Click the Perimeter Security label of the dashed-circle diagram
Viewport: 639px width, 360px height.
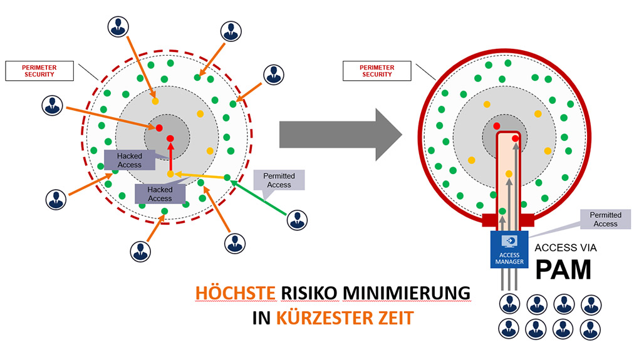(x=39, y=71)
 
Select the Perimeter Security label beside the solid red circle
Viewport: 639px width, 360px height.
(x=377, y=71)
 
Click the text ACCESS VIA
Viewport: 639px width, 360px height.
(x=566, y=248)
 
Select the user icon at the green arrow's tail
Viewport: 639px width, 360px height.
(x=297, y=220)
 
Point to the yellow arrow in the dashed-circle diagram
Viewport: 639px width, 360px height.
(x=200, y=176)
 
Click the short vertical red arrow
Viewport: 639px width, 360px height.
(x=170, y=157)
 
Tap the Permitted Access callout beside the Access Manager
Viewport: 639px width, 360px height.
(x=605, y=219)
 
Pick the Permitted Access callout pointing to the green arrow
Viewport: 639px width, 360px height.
(x=279, y=180)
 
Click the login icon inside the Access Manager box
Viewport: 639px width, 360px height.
(x=509, y=241)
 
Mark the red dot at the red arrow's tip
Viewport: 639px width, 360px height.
(x=170, y=138)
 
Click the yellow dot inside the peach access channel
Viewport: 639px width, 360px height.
(x=509, y=173)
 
